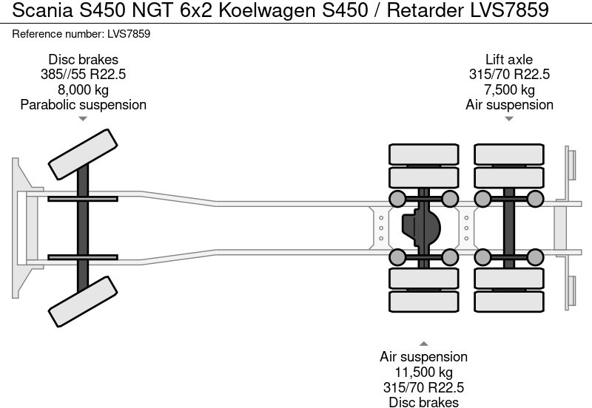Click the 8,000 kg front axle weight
83,89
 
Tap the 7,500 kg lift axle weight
509,89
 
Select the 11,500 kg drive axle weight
424,373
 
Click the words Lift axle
509,59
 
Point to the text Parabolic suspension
83,105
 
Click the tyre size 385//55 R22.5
83,75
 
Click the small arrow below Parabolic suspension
83,118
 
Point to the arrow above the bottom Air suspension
424,344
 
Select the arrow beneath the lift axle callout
509,118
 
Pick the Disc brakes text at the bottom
424,402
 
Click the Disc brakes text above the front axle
83,59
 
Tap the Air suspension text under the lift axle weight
509,105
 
